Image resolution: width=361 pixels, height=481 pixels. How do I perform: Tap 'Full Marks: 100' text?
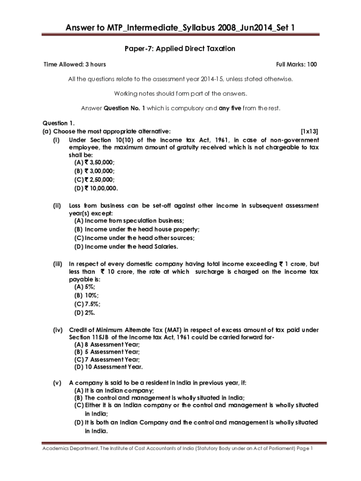click(x=297, y=64)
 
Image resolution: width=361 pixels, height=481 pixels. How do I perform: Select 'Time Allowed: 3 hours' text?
click(x=75, y=64)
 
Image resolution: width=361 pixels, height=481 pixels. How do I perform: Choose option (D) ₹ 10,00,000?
click(x=96, y=188)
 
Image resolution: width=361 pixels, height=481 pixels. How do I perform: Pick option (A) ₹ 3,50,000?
click(x=94, y=162)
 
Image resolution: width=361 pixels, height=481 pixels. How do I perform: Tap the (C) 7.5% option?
click(x=87, y=304)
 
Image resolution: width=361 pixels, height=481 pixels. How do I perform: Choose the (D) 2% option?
click(x=84, y=313)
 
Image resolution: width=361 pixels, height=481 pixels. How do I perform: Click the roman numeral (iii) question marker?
click(x=57, y=264)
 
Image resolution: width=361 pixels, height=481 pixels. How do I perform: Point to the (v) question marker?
click(x=57, y=382)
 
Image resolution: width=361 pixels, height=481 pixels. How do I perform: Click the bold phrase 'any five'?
click(x=230, y=108)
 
